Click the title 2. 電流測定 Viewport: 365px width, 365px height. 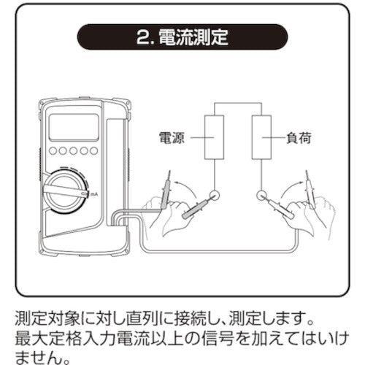tap(182, 37)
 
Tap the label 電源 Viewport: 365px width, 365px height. tap(172, 138)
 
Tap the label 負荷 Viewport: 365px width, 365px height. tap(299, 138)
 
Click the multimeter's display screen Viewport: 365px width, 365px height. tap(74, 127)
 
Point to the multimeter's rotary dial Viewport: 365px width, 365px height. tap(65, 192)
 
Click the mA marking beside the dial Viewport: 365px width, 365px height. tap(94, 194)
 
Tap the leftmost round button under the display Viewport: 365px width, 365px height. tap(53, 151)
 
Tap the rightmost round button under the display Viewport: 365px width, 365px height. tap(94, 151)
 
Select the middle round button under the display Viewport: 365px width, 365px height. tap(73, 151)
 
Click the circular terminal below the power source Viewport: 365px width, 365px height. tap(215, 195)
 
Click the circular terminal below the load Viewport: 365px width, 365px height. tap(262, 195)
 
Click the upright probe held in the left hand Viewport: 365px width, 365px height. tap(166, 191)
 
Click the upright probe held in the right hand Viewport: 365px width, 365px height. tap(310, 191)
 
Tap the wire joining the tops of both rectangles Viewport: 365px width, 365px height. tap(238, 103)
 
